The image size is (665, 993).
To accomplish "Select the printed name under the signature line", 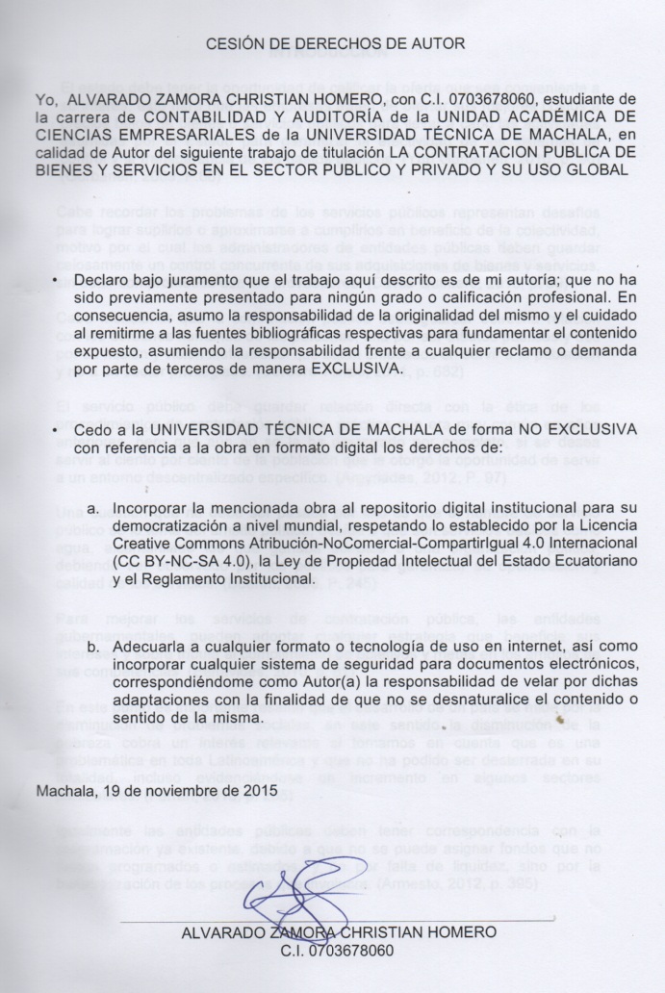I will point(338,931).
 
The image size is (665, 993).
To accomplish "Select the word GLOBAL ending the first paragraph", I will point(598,170).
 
